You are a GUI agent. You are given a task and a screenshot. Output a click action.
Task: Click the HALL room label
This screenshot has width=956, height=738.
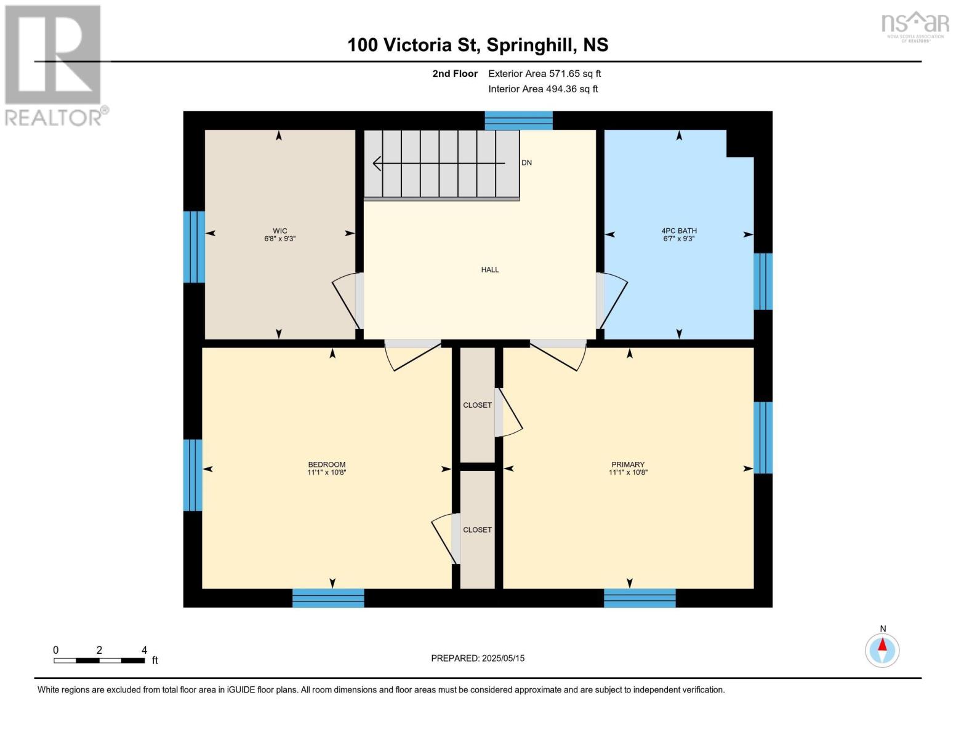pos(489,269)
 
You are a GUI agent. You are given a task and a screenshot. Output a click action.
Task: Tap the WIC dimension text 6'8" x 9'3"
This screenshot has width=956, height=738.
pos(280,239)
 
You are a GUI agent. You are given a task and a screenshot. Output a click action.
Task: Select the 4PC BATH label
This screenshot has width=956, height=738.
pos(679,231)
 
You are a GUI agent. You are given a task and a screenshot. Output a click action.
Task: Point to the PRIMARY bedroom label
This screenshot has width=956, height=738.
pos(628,464)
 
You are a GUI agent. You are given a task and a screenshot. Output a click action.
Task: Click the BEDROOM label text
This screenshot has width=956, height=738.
pos(327,464)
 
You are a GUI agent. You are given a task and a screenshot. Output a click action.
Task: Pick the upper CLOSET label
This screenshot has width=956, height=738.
pos(477,405)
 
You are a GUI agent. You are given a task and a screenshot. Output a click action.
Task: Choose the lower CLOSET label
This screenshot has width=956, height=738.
pos(477,530)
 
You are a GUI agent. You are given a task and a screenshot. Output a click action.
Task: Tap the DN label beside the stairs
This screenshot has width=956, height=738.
pos(526,162)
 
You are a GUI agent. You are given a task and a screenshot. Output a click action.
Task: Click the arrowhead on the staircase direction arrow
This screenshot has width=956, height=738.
pos(377,164)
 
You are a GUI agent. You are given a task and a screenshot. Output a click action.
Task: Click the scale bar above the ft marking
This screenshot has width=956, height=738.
pos(100,661)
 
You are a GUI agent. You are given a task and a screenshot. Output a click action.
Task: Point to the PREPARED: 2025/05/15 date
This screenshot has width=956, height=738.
pos(478,658)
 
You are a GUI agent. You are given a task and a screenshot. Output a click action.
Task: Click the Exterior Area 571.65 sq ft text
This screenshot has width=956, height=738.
pos(545,73)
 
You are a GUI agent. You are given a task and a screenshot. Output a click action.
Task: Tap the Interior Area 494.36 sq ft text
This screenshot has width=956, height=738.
pos(543,89)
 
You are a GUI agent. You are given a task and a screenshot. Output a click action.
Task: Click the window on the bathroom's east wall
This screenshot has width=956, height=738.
pos(763,281)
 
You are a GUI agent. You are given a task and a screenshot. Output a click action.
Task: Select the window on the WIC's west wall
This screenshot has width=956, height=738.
pos(194,247)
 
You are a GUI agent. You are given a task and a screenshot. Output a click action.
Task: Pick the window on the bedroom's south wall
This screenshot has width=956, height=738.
pos(328,598)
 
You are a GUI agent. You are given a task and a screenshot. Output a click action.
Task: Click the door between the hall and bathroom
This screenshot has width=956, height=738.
pos(611,301)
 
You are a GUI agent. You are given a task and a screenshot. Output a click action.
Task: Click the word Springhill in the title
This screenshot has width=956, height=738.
pos(531,46)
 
